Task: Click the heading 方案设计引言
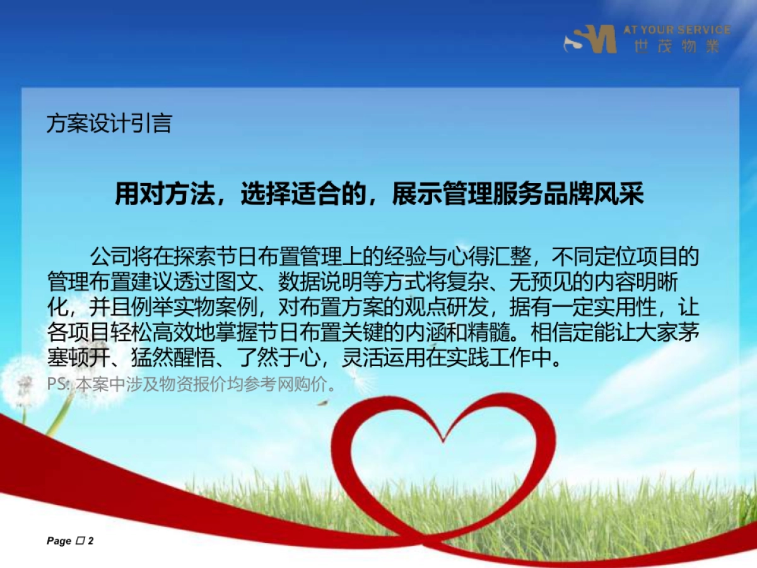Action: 109,123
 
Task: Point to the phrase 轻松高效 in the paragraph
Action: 189,333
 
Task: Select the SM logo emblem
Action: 590,39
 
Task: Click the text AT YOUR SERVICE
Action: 677,30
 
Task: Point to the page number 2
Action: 91,541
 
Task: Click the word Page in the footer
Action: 59,541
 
